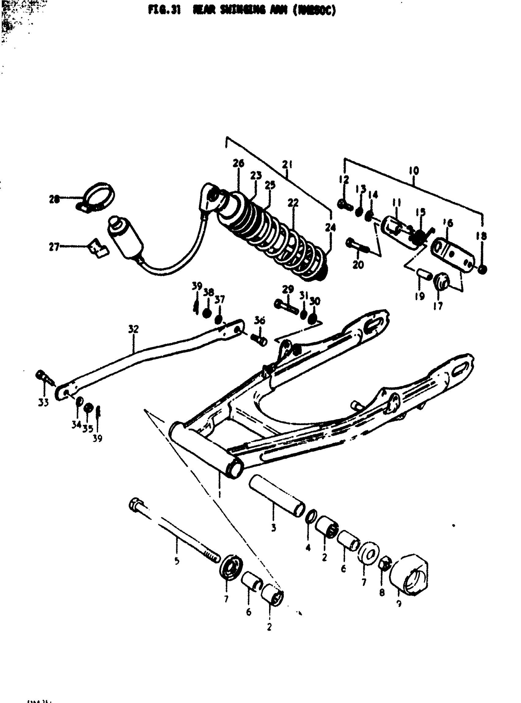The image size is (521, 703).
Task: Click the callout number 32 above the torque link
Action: pos(133,329)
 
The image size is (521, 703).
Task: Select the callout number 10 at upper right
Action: pos(414,171)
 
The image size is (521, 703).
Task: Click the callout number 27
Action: pos(54,247)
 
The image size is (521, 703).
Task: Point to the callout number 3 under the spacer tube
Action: pos(273,527)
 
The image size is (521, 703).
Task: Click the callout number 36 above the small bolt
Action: pos(260,321)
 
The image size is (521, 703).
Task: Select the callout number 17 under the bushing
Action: pos(438,305)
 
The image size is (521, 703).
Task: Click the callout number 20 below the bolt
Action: pos(358,265)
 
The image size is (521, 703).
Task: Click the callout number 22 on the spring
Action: pos(293,203)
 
